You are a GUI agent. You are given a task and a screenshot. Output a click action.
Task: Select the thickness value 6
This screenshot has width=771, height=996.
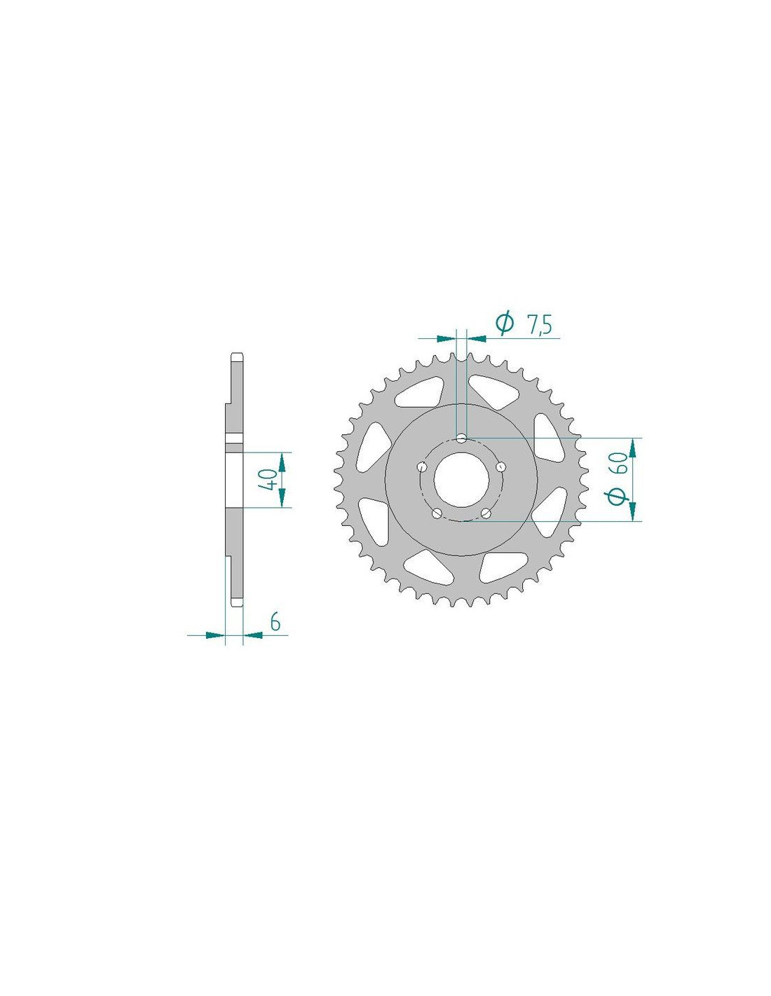coord(275,623)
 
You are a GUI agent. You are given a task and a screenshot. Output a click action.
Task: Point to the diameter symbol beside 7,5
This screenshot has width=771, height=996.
coord(504,324)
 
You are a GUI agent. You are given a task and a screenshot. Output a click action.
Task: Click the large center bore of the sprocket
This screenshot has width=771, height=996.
coord(461,479)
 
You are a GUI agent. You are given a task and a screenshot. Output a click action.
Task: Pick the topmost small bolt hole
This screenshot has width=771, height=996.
coord(461,438)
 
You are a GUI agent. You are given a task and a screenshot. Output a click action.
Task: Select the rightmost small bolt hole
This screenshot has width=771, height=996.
coord(501,466)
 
